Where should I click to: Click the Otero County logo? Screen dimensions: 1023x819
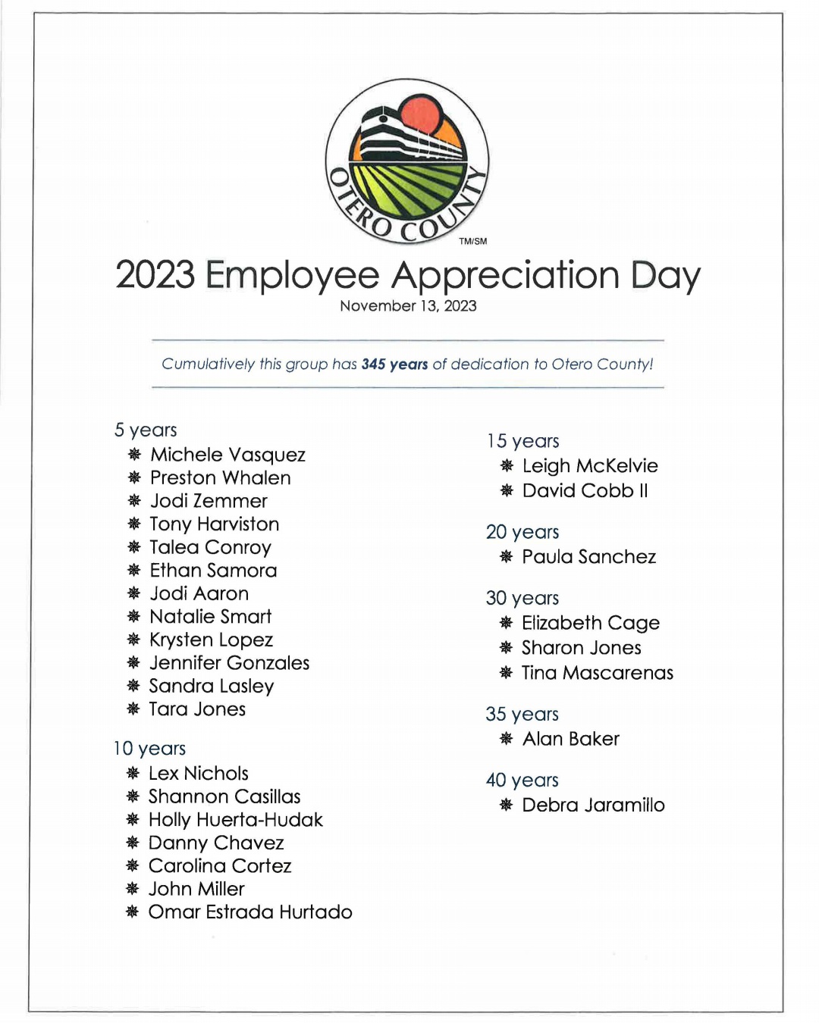407,161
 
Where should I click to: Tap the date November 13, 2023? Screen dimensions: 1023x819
408,306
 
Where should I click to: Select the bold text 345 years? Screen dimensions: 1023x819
394,364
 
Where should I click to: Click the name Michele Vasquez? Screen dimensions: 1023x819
227,455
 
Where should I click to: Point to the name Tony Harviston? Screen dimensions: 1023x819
215,524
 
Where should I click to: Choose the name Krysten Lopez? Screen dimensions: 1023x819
211,640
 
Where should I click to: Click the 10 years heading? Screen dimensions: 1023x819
150,749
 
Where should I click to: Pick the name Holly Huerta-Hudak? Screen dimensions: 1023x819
236,820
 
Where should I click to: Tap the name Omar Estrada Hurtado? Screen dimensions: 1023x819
250,912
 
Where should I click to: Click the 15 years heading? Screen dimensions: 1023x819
523,441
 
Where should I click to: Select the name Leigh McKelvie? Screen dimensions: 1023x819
590,466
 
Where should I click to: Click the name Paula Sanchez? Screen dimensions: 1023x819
589,557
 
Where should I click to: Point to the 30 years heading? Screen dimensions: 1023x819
522,599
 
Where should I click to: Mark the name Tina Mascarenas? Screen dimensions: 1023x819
598,673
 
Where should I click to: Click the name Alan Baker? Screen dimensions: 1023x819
571,739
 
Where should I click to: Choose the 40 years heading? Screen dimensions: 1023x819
522,781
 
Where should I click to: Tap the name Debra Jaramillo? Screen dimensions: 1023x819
593,805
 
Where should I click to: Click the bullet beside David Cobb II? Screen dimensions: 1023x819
507,491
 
